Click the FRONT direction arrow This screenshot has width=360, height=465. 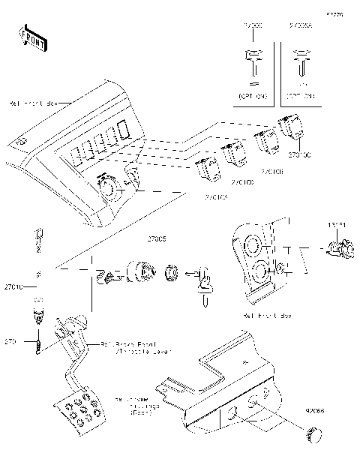(32, 38)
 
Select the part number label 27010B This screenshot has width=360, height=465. (271, 172)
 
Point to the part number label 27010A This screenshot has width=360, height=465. (217, 197)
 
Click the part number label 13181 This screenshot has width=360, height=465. (337, 225)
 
